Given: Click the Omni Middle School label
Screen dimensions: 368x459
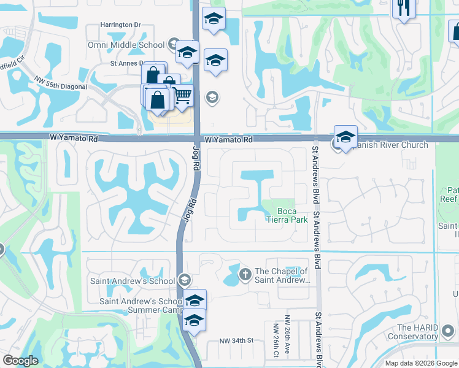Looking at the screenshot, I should click(x=134, y=44).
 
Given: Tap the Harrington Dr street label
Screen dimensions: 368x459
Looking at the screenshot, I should click(x=121, y=25).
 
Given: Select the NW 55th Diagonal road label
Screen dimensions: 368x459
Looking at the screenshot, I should click(x=62, y=82).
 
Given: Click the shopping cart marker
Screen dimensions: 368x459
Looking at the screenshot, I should click(x=182, y=95).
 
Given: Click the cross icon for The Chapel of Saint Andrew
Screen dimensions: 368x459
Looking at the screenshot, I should click(x=245, y=274).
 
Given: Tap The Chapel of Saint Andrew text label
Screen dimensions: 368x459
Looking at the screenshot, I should click(x=281, y=276).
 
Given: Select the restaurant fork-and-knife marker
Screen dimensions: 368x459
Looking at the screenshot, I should click(x=404, y=7).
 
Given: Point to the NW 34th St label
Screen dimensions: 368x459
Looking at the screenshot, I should click(x=236, y=340).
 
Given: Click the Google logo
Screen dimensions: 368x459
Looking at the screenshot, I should click(x=20, y=361).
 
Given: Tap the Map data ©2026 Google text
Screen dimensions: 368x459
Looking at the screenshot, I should click(x=421, y=363).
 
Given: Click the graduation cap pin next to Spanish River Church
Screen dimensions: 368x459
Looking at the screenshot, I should click(x=345, y=137).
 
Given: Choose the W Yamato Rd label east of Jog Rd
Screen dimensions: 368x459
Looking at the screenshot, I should click(x=229, y=140).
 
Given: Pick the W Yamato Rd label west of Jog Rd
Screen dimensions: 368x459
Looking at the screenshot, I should click(x=74, y=139).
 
